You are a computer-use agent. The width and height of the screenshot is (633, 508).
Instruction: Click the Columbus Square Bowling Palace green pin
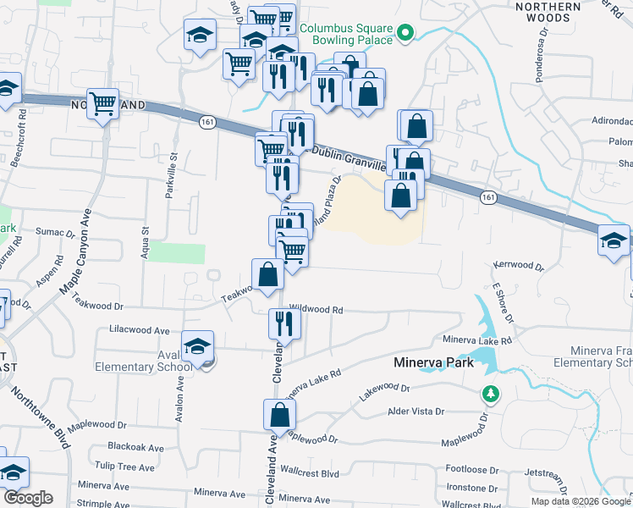coord(405,34)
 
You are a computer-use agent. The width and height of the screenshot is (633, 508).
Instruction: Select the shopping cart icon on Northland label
coord(102,104)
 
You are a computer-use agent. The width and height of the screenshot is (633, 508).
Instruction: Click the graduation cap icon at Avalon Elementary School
coord(197,347)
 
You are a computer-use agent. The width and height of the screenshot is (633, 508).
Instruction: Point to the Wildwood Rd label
coord(316,311)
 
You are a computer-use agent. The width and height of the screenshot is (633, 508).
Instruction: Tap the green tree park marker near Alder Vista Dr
coord(489,394)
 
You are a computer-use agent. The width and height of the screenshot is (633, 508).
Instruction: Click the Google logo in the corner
coord(28,499)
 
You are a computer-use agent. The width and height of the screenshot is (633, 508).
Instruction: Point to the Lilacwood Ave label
coord(140,329)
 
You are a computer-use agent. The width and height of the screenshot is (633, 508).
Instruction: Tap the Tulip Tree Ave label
coord(124,467)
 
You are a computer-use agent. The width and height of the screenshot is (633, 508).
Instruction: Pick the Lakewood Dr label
coord(383,392)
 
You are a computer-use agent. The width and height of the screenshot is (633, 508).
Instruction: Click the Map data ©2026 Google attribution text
coord(580,501)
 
